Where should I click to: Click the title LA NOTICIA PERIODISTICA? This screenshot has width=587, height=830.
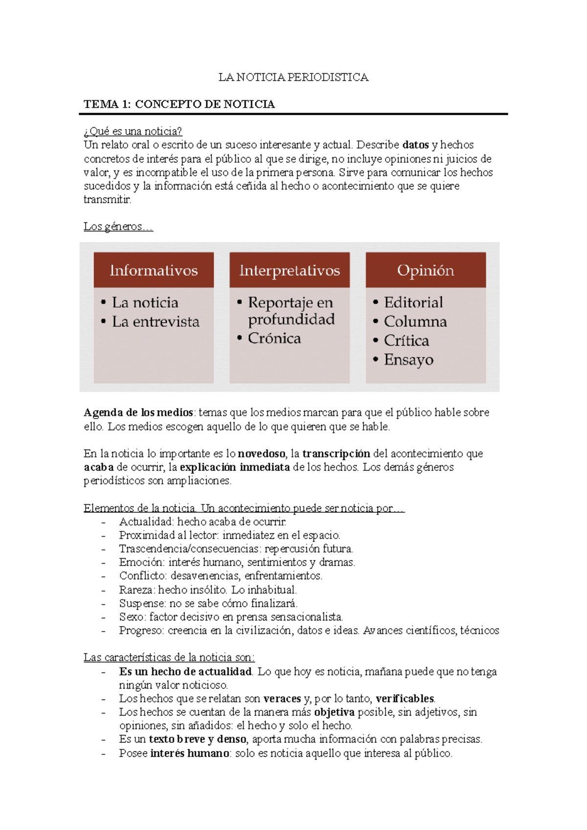[293, 77]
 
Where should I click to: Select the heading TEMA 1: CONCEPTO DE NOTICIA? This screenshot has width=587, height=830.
[179, 104]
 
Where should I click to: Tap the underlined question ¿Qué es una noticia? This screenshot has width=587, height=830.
[133, 131]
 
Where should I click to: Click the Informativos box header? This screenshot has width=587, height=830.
[154, 270]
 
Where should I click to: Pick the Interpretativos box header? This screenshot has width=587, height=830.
[290, 270]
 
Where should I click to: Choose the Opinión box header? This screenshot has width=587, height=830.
[426, 270]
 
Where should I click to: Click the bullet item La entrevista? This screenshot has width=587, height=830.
[156, 322]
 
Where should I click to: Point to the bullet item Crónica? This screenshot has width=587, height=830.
[274, 338]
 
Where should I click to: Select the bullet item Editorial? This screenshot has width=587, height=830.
[413, 303]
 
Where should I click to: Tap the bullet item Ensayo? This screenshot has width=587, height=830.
[408, 360]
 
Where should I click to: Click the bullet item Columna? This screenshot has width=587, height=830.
[415, 322]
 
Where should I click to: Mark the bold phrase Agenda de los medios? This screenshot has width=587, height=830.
[138, 413]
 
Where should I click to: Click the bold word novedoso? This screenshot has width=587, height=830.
[261, 454]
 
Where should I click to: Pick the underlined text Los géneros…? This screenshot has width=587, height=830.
[118, 226]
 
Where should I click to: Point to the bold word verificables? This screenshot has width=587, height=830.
[405, 699]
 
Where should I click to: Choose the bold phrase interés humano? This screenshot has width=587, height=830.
[190, 753]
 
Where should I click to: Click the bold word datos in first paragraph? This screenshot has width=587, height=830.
[415, 145]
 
